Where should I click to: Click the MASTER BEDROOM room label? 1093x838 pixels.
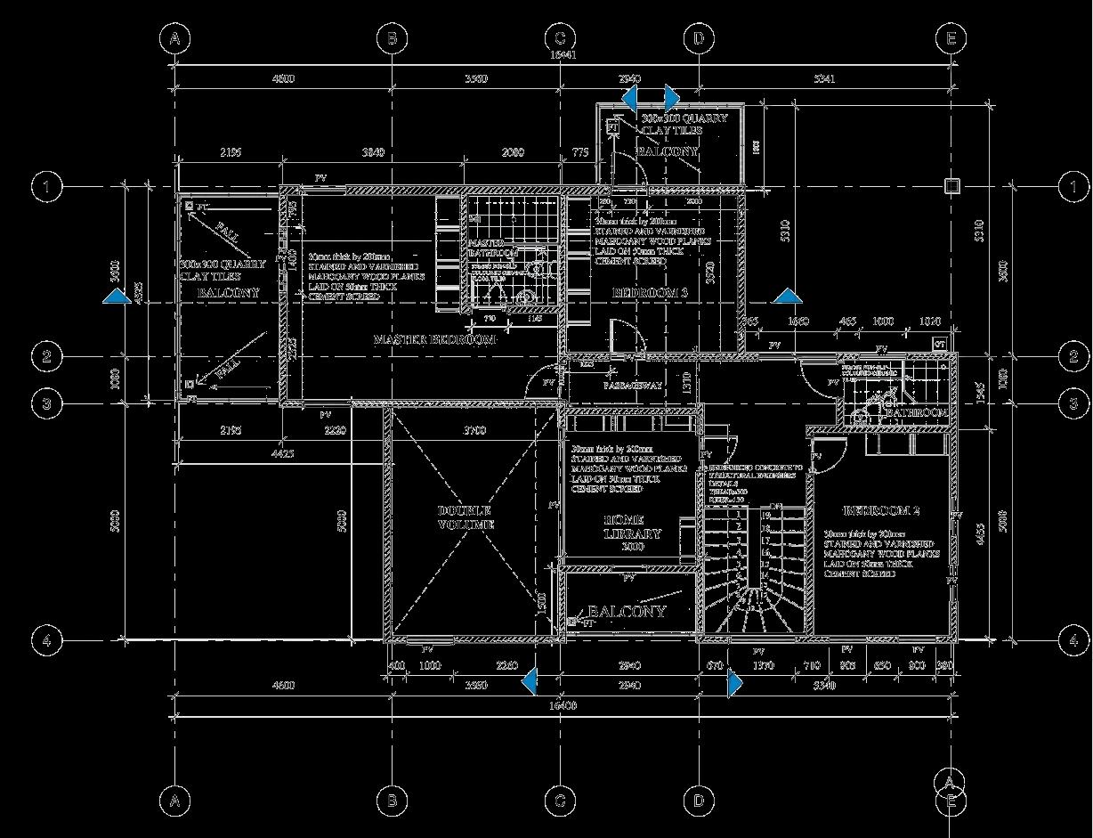[x=434, y=340]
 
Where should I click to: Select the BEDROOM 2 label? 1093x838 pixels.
[x=880, y=511]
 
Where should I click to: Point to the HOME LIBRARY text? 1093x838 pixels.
[x=632, y=527]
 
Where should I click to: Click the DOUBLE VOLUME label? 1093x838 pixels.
[x=464, y=517]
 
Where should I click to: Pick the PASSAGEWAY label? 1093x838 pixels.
[x=633, y=386]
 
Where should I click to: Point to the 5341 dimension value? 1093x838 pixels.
[x=824, y=79]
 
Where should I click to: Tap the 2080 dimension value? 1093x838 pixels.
[x=513, y=153]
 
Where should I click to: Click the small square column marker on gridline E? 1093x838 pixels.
[x=951, y=185]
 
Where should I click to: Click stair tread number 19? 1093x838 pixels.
[x=765, y=515]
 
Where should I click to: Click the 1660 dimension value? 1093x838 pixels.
[x=797, y=321]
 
